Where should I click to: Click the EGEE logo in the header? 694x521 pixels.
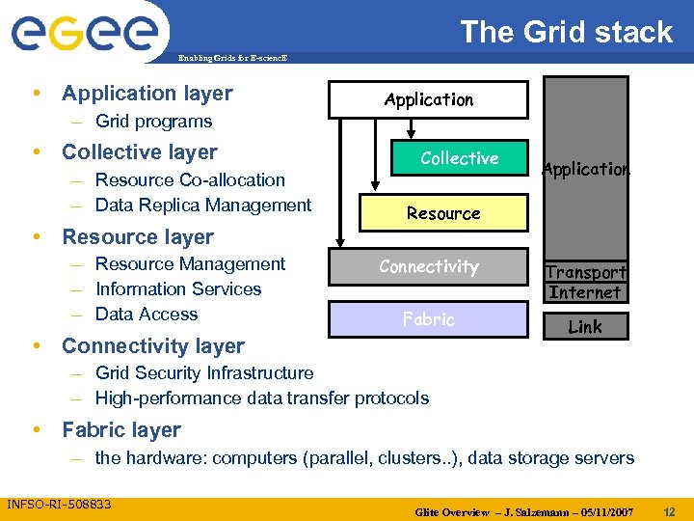point(84,31)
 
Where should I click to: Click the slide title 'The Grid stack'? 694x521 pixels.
point(566,32)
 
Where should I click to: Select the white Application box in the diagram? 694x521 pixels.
point(428,99)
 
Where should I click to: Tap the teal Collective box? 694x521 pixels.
point(459,158)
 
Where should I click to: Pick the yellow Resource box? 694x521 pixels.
point(443,213)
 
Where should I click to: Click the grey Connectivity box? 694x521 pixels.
point(428,266)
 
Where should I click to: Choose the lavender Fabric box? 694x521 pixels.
point(428,319)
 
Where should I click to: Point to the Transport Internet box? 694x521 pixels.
point(585,283)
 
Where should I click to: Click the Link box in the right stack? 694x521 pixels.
point(585,327)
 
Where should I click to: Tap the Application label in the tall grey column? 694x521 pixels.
point(585,169)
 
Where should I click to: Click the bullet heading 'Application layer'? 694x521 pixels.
point(147,94)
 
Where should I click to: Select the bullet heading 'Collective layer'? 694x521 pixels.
point(139,152)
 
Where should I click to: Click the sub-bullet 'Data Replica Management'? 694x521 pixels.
point(203,205)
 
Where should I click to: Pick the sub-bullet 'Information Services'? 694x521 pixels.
point(178,288)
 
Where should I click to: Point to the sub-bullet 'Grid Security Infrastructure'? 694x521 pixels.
point(204,372)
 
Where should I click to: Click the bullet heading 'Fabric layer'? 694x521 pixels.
point(120,430)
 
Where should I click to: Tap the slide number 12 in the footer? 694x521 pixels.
point(673,510)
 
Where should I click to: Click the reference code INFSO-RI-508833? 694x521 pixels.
point(59,504)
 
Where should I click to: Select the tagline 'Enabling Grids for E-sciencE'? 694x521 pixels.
point(231,59)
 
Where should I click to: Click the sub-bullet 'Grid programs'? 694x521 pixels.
point(153,122)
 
